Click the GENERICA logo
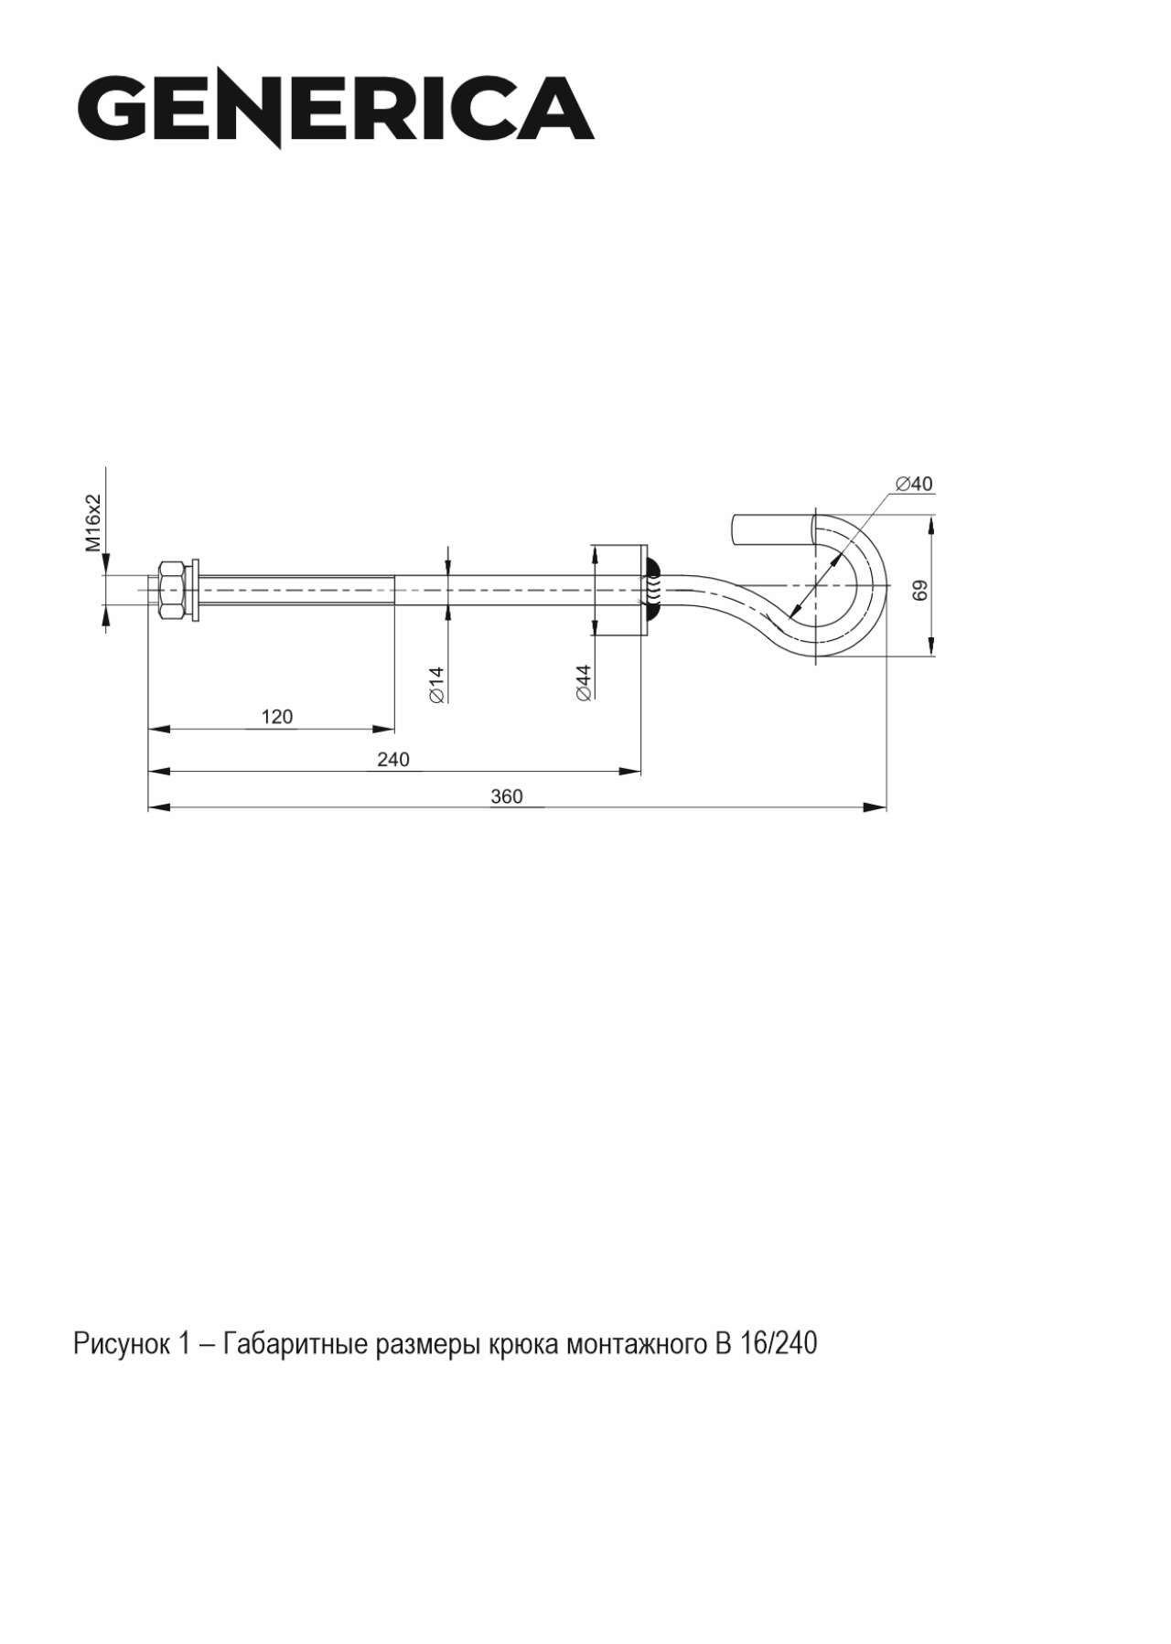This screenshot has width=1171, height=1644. (x=335, y=110)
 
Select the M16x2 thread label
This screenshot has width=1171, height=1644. (x=93, y=523)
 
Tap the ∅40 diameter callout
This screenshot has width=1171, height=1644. (x=915, y=484)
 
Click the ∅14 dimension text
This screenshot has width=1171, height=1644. (x=435, y=684)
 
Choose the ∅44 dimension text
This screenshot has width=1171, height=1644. (x=584, y=682)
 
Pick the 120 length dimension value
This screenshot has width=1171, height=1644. (x=277, y=717)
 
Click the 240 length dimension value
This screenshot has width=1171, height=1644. (x=393, y=759)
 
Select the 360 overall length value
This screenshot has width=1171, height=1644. (x=507, y=796)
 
